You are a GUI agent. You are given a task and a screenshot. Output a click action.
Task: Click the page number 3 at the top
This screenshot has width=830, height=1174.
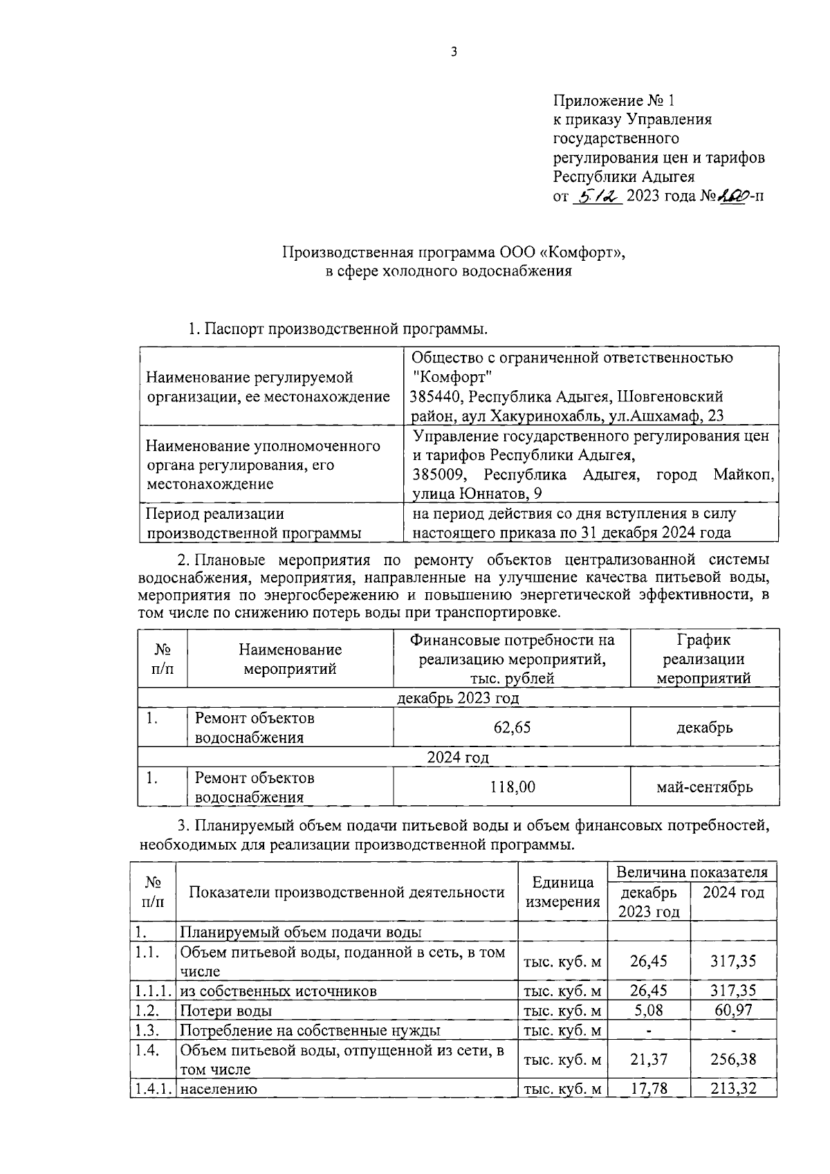(454, 53)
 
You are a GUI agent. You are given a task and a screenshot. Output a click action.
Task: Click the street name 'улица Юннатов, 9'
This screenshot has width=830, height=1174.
(477, 494)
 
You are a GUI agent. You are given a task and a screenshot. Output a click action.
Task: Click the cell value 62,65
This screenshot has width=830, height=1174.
(512, 727)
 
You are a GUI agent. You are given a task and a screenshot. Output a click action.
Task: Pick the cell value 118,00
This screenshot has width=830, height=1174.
(512, 787)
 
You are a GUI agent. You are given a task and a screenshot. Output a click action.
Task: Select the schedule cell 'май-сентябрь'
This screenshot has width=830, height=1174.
(704, 787)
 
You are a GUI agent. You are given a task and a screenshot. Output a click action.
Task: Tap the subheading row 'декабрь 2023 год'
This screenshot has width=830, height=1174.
(458, 697)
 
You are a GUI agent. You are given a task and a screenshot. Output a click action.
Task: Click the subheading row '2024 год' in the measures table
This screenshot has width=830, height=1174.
(458, 757)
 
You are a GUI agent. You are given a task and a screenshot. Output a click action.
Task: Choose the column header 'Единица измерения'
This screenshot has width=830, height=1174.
(562, 892)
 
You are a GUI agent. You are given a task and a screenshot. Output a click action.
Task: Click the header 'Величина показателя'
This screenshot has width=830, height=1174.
(692, 872)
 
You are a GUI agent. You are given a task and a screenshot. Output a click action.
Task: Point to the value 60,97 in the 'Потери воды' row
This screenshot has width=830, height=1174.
(733, 1011)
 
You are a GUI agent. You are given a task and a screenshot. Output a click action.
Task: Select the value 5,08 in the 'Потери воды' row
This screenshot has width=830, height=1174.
(649, 1011)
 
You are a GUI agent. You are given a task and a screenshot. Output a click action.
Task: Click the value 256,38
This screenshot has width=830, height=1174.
(733, 1059)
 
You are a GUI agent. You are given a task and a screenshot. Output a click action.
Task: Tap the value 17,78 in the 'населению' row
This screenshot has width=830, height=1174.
(649, 1089)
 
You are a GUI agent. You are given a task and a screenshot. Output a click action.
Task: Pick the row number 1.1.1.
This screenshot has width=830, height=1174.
(153, 991)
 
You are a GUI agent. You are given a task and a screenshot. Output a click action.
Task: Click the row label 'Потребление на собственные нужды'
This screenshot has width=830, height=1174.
(310, 1030)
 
